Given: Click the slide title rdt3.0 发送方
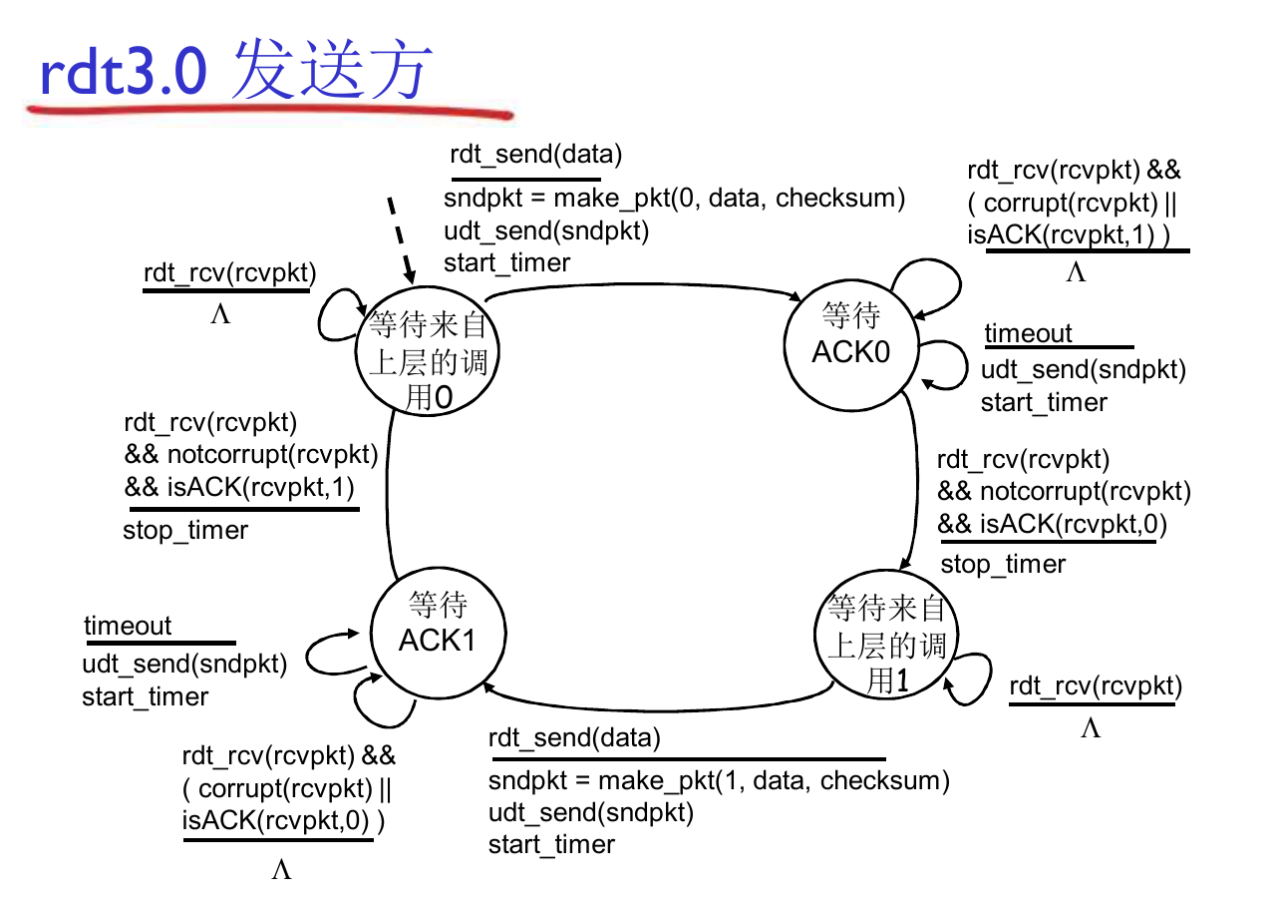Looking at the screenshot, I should pyautogui.click(x=235, y=70).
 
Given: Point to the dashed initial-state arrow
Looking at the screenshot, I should pyautogui.click(x=400, y=238).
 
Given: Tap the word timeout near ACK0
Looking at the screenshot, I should pyautogui.click(x=1028, y=333).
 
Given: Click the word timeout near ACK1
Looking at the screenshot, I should pyautogui.click(x=128, y=626).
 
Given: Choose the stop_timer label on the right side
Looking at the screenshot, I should pyautogui.click(x=1003, y=564).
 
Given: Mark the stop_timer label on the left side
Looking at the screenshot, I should pyautogui.click(x=185, y=530).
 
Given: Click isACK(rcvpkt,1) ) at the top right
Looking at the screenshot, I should pyautogui.click(x=1068, y=235).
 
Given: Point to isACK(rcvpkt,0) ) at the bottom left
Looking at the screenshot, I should pyautogui.click(x=283, y=821).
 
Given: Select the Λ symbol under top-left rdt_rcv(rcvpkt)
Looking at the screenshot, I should pyautogui.click(x=220, y=314).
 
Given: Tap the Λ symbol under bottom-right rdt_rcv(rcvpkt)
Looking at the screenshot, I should pyautogui.click(x=1091, y=728).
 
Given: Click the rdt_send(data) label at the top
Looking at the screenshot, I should pyautogui.click(x=535, y=155).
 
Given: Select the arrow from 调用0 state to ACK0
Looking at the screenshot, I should pyautogui.click(x=648, y=282).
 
